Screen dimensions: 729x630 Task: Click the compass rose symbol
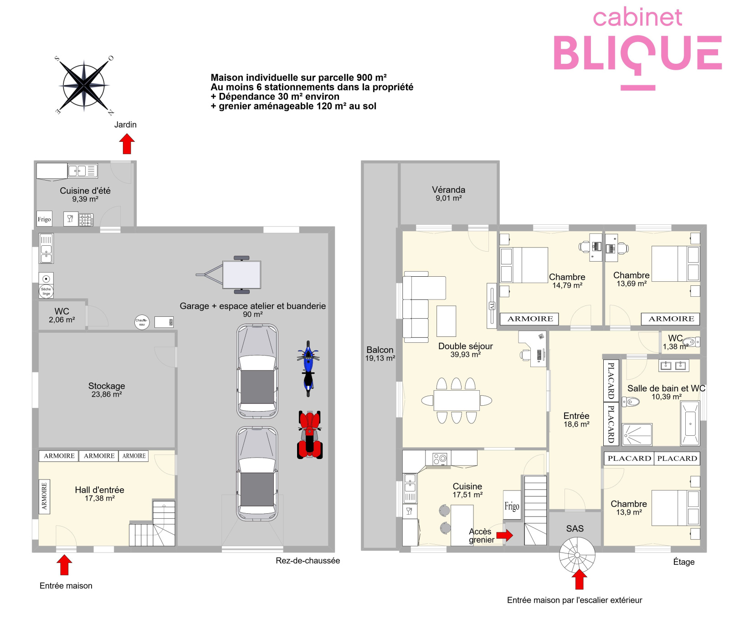[x=84, y=85]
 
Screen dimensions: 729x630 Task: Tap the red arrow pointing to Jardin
[x=127, y=144]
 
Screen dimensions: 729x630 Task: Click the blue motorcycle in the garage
[x=308, y=368]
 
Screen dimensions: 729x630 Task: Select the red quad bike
[x=310, y=434]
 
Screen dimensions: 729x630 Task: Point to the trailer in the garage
[x=229, y=275]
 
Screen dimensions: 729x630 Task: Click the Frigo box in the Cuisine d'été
[x=44, y=219]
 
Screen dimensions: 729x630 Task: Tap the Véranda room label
[x=449, y=193]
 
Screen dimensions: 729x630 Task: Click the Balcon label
[x=380, y=353]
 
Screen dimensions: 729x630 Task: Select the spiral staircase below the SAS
[x=577, y=555]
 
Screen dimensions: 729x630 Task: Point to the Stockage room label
[x=107, y=390]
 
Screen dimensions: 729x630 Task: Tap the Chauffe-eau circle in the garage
[x=142, y=322]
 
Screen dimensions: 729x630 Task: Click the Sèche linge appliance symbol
[x=46, y=291]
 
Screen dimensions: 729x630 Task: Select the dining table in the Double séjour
[x=457, y=400]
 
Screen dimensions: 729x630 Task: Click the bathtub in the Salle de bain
[x=690, y=423]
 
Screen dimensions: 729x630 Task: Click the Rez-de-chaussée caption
[x=308, y=561]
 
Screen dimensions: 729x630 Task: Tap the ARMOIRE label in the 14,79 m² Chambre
[x=530, y=319]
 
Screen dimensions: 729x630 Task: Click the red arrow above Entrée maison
[x=65, y=565]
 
